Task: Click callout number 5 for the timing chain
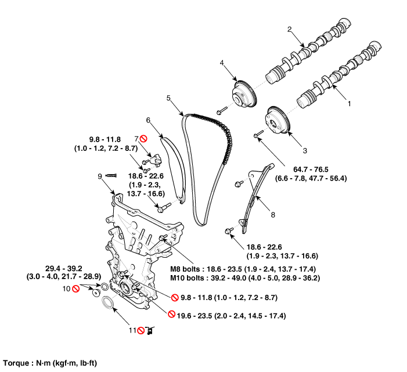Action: coord(168,98)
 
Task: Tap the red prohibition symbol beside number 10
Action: coord(75,288)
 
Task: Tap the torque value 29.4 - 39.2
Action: coord(69,268)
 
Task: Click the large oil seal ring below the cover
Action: coord(108,304)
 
